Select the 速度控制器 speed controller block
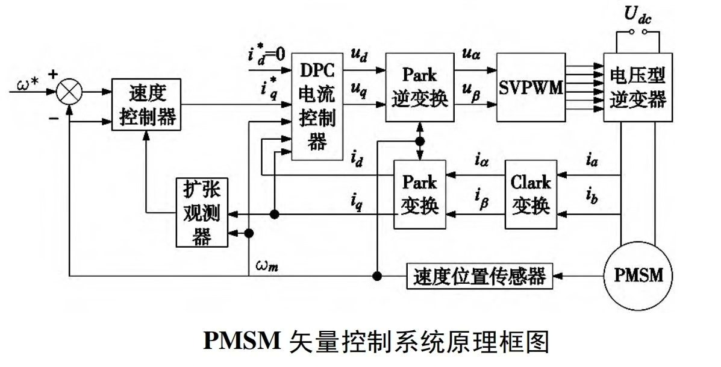(x=147, y=104)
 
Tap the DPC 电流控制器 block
(x=317, y=106)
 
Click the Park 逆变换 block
(x=420, y=87)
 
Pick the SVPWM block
(x=531, y=87)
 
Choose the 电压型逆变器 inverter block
(x=638, y=87)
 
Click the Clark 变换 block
(x=531, y=195)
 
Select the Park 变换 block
(x=420, y=195)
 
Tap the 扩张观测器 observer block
(x=202, y=213)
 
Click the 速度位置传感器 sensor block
(x=479, y=276)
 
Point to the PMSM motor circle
(x=638, y=275)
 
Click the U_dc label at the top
(x=638, y=15)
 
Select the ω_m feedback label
(x=267, y=266)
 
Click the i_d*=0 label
(x=267, y=55)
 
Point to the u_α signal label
(x=471, y=55)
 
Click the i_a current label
(x=591, y=160)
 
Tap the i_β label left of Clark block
(x=481, y=199)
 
